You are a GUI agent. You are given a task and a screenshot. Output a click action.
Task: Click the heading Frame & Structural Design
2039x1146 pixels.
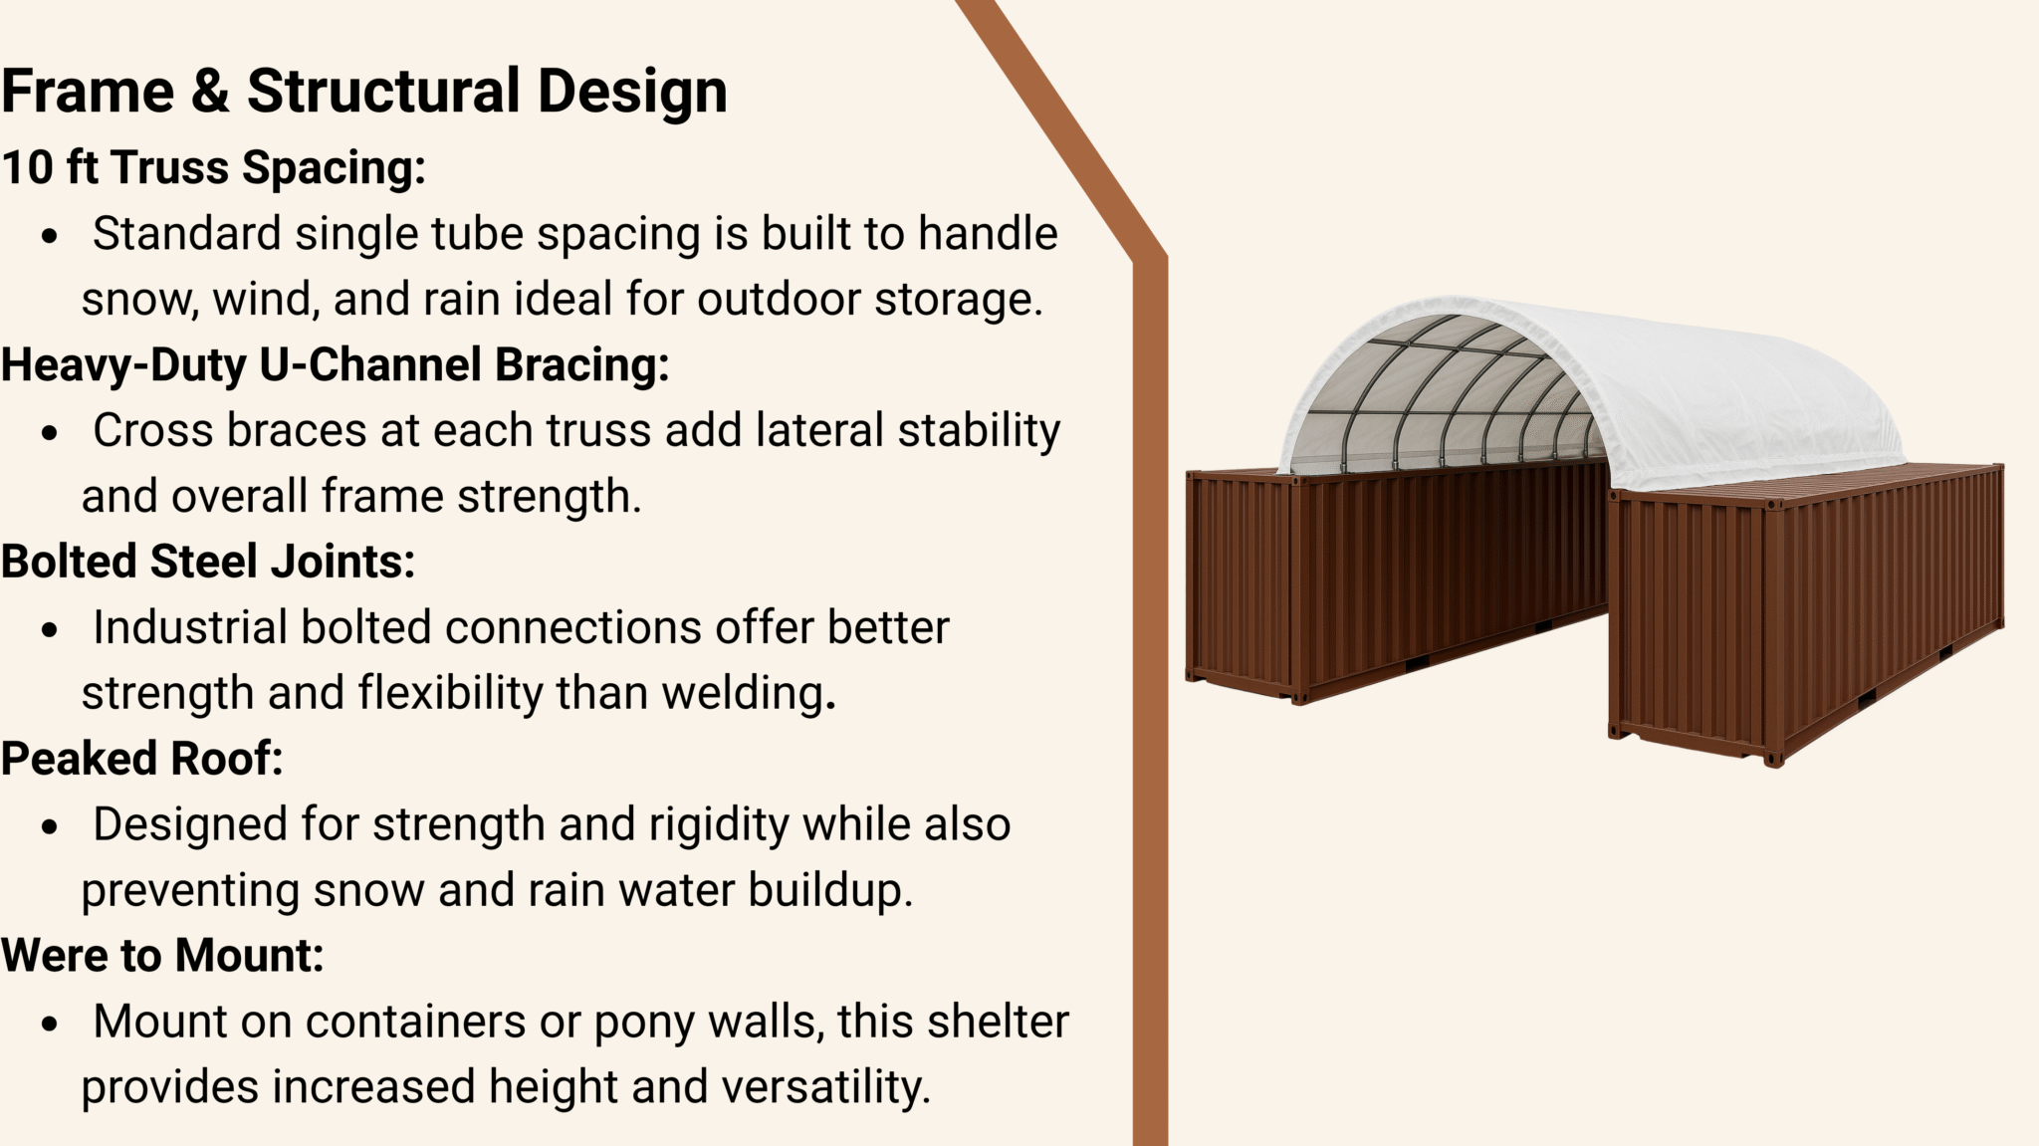[x=364, y=92]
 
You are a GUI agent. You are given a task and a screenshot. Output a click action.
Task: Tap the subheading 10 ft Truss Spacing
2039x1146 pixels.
[x=214, y=167]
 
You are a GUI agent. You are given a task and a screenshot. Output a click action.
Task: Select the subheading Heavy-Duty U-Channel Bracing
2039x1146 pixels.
[x=336, y=364]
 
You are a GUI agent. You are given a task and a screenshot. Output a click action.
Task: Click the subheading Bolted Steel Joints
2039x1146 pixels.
[x=208, y=562]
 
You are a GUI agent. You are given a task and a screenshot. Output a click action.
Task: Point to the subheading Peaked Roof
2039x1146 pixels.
[x=142, y=759]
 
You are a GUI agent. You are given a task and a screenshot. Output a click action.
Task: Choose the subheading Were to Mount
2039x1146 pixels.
[x=163, y=956]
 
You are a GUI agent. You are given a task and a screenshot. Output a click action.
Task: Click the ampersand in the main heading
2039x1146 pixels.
[x=210, y=92]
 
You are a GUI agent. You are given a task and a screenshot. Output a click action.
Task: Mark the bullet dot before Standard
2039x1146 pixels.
[x=50, y=237]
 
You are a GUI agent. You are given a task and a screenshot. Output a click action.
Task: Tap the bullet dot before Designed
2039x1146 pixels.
[x=50, y=828]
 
